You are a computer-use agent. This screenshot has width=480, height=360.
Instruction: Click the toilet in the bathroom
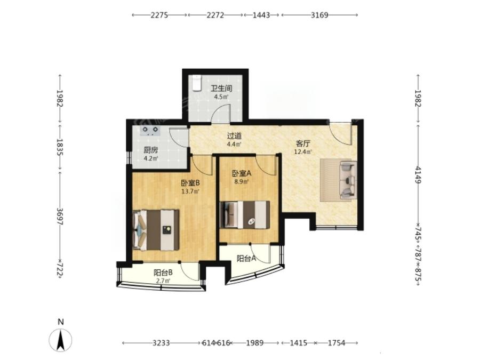(x=196, y=83)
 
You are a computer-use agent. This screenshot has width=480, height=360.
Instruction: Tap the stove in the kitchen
(x=150, y=131)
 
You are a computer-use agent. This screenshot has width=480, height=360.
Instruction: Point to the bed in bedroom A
(x=245, y=214)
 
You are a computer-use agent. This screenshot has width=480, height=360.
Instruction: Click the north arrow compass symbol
(x=61, y=340)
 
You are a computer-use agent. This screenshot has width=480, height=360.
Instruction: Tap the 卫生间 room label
(x=221, y=89)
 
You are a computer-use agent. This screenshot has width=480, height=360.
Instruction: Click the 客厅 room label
(x=303, y=143)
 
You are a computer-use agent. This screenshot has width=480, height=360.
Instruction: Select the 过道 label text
(x=234, y=135)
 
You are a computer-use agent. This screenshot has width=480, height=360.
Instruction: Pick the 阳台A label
(x=246, y=259)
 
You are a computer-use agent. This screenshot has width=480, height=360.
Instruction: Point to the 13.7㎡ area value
(x=190, y=191)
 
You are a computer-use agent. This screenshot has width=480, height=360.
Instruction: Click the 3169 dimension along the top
(x=319, y=15)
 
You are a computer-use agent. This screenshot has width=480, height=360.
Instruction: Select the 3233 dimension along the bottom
(x=161, y=343)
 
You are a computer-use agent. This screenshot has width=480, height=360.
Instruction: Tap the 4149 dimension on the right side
(x=418, y=175)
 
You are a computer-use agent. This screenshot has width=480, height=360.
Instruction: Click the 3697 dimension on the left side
(x=60, y=217)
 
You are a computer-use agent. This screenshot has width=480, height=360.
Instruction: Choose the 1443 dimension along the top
(x=261, y=15)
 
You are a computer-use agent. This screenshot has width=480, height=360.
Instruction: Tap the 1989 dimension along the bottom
(x=255, y=343)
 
